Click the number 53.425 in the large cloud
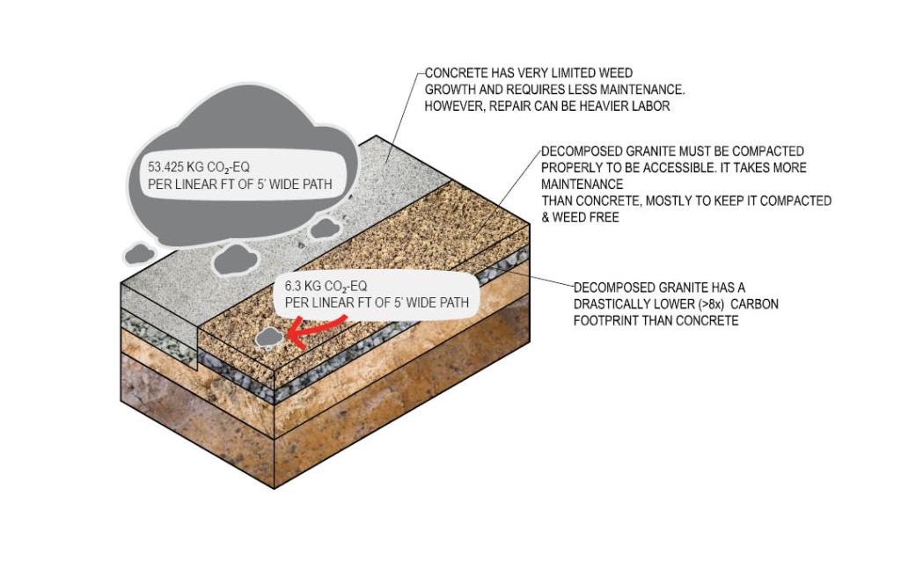165,167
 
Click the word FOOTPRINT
607,321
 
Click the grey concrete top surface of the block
264,246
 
